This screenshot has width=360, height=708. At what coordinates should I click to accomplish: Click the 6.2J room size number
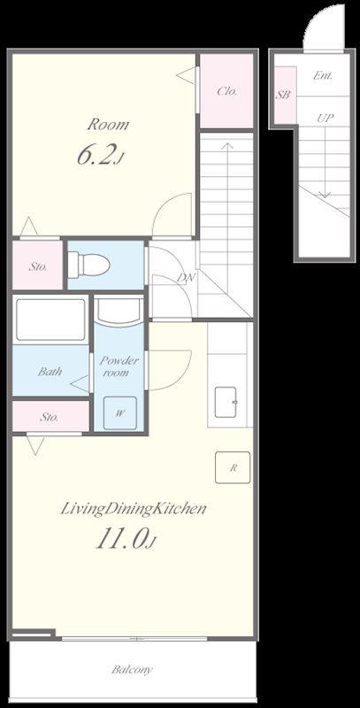(100, 156)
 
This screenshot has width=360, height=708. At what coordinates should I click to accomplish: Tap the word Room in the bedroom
(108, 124)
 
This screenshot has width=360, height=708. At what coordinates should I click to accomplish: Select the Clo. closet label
(227, 91)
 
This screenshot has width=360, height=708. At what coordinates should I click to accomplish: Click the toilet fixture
(88, 264)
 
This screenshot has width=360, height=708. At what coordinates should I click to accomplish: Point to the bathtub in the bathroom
(50, 319)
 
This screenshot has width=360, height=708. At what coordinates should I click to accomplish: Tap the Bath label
(50, 372)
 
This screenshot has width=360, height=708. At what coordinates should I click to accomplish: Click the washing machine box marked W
(119, 412)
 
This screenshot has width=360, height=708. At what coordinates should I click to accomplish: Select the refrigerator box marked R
(233, 467)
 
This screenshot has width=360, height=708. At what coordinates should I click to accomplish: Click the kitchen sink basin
(226, 402)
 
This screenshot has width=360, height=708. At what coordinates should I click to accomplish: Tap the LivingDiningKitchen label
(133, 509)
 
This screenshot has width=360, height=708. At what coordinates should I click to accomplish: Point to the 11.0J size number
(126, 539)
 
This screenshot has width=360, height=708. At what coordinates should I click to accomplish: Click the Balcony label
(132, 669)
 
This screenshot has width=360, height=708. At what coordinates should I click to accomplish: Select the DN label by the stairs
(186, 277)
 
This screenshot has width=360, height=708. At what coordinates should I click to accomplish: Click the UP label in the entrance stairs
(325, 119)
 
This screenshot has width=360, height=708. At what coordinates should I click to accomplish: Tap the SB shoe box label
(283, 95)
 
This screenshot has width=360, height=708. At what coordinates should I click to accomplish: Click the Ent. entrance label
(323, 76)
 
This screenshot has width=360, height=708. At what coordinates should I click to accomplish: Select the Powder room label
(119, 366)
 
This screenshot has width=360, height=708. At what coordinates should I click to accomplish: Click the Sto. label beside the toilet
(37, 267)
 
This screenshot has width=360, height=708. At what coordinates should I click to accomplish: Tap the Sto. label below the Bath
(49, 417)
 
